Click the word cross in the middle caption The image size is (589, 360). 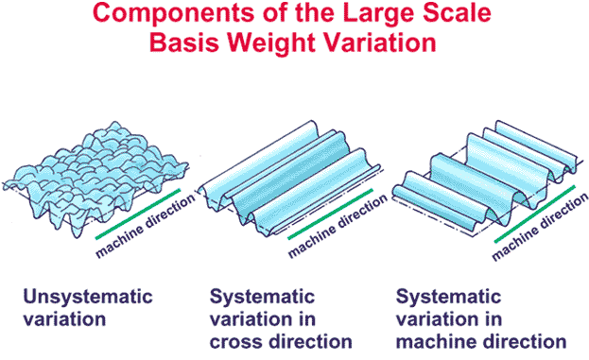(237, 339)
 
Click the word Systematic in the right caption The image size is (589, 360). (449, 296)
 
